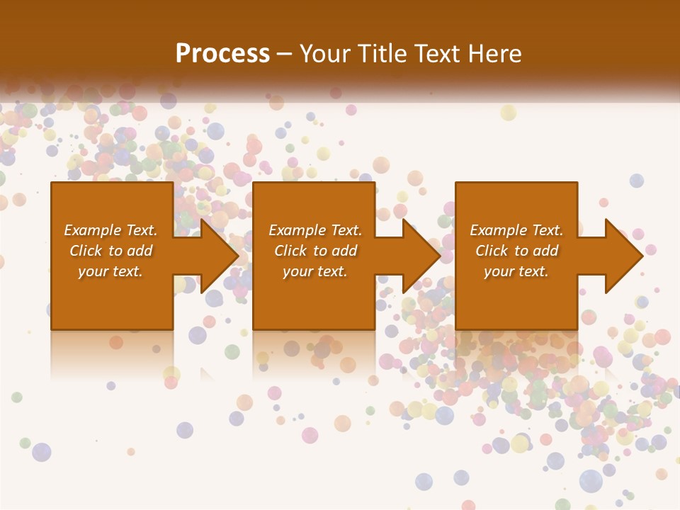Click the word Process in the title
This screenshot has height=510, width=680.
[x=222, y=54]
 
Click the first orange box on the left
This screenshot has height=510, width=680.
[x=112, y=205]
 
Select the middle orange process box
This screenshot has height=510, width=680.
[x=314, y=205]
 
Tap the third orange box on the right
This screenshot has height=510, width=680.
[x=516, y=205]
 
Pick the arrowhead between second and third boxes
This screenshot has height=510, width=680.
[x=422, y=256]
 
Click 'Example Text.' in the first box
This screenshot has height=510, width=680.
[x=110, y=230]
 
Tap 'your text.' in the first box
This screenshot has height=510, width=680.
[x=110, y=271]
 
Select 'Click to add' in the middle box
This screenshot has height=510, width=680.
[x=315, y=251]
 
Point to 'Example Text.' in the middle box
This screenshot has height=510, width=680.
[x=315, y=230]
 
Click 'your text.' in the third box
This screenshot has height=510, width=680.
[x=516, y=271]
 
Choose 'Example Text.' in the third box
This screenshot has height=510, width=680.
[x=516, y=230]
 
